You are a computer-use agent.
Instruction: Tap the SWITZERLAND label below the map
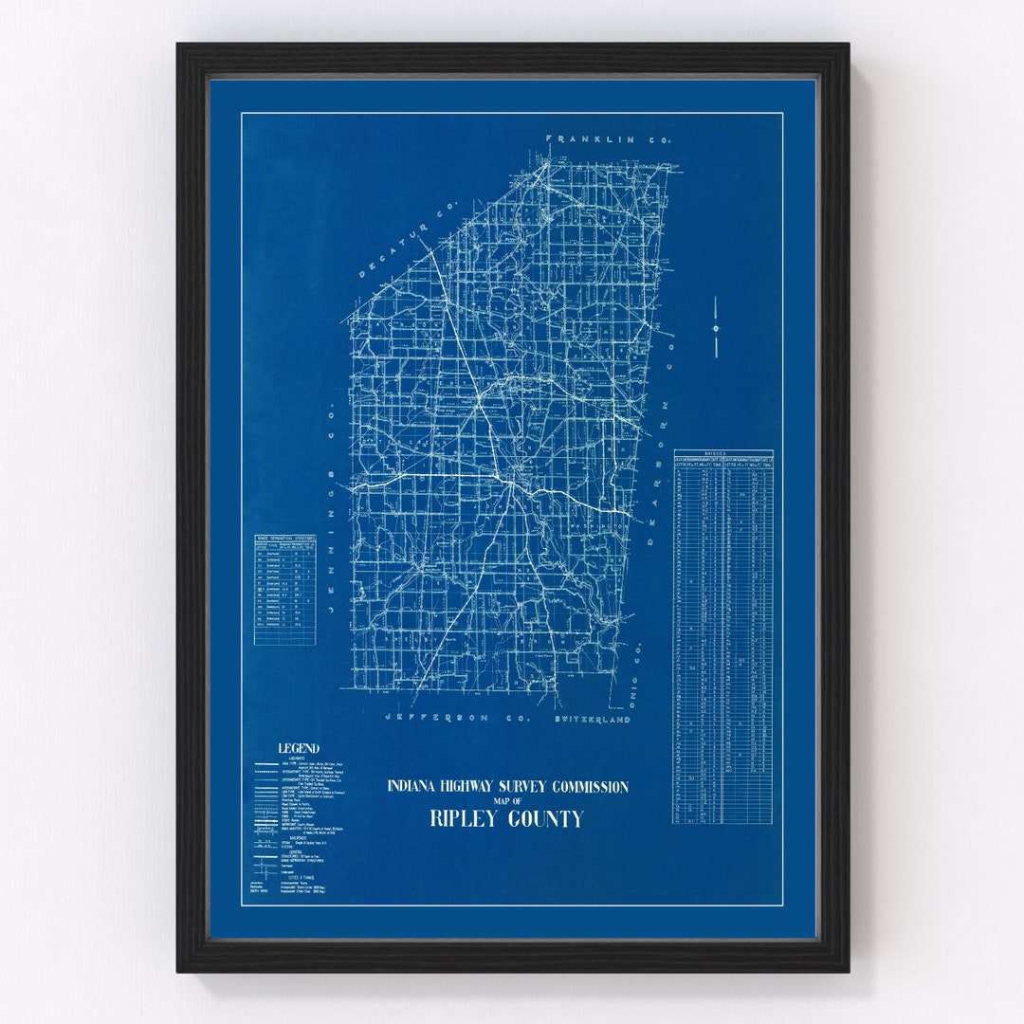[592, 720]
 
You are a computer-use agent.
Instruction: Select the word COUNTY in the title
[548, 819]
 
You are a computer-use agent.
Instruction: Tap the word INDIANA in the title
[413, 787]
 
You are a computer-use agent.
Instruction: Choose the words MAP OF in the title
[506, 802]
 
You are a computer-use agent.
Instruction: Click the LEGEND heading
[298, 748]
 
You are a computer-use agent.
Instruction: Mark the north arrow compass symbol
[716, 328]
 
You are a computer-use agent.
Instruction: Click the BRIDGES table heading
[722, 454]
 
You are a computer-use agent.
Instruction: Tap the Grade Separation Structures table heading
[284, 538]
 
